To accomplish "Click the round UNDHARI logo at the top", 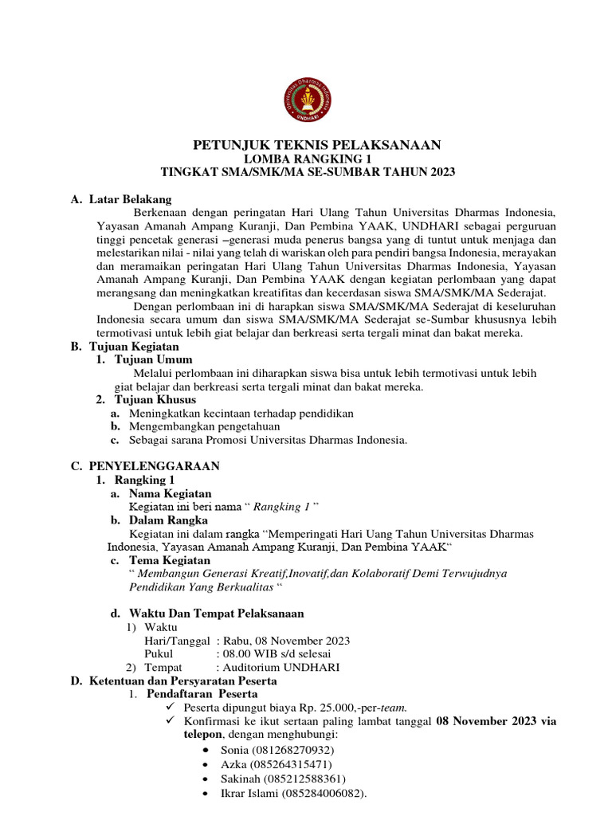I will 306,100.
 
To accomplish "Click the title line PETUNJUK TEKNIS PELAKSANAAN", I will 307,144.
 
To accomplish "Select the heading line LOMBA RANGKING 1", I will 306,158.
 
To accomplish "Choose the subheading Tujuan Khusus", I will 155,399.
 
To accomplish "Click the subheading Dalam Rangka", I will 170,520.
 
